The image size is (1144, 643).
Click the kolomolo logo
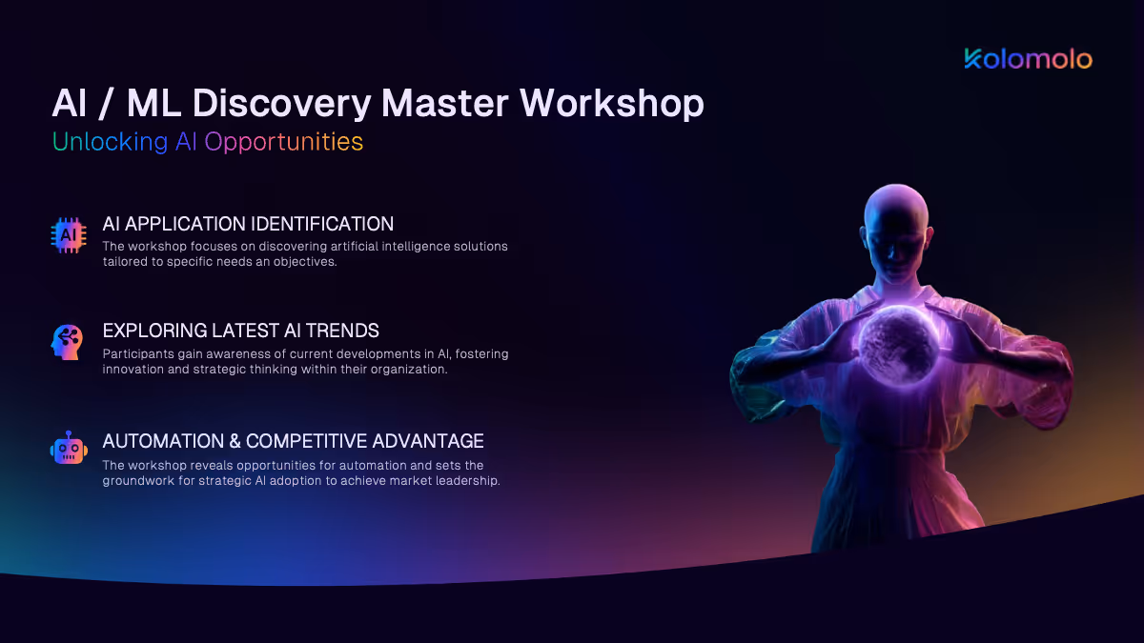[1028, 59]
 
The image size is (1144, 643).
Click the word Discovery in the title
[281, 104]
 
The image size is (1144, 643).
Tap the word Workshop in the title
[612, 103]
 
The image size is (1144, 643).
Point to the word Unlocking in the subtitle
[110, 141]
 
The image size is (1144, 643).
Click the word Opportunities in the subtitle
[283, 142]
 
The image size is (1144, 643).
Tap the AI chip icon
[69, 235]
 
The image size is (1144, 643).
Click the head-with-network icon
[67, 342]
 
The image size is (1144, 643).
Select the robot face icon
[69, 448]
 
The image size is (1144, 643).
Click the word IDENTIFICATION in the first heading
[322, 224]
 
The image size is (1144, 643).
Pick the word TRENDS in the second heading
[342, 331]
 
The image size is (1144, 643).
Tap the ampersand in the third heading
[235, 441]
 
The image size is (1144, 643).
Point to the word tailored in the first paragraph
[124, 262]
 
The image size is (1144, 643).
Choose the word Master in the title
[445, 104]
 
